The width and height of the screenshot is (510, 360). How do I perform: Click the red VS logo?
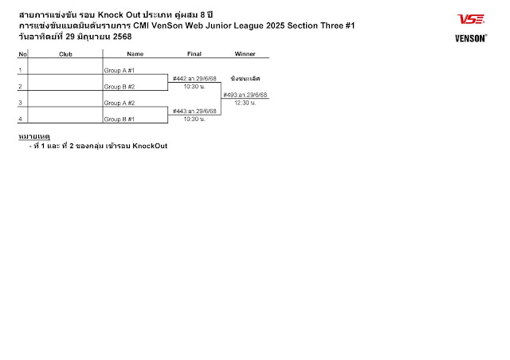(470, 19)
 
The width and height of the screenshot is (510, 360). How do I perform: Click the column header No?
(23, 53)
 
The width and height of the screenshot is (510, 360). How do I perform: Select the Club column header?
(65, 53)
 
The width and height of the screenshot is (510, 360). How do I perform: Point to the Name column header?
(135, 53)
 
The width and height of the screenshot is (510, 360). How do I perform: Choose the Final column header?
(194, 53)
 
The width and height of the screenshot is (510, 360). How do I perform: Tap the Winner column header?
(245, 53)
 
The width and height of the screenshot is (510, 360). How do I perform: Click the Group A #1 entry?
(120, 71)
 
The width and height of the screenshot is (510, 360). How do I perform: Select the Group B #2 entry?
(120, 87)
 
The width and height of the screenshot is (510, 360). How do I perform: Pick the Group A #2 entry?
(120, 103)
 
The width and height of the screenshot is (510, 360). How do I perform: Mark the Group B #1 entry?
(120, 119)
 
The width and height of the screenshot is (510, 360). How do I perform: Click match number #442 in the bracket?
(179, 79)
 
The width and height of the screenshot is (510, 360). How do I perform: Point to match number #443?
(179, 111)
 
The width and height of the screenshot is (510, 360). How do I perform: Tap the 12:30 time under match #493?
(245, 103)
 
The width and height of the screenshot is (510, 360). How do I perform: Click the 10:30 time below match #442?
(194, 87)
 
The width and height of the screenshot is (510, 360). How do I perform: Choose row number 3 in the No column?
(20, 103)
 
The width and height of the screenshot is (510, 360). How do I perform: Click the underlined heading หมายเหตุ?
(34, 137)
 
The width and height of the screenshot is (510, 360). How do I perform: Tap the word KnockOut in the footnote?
(150, 146)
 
